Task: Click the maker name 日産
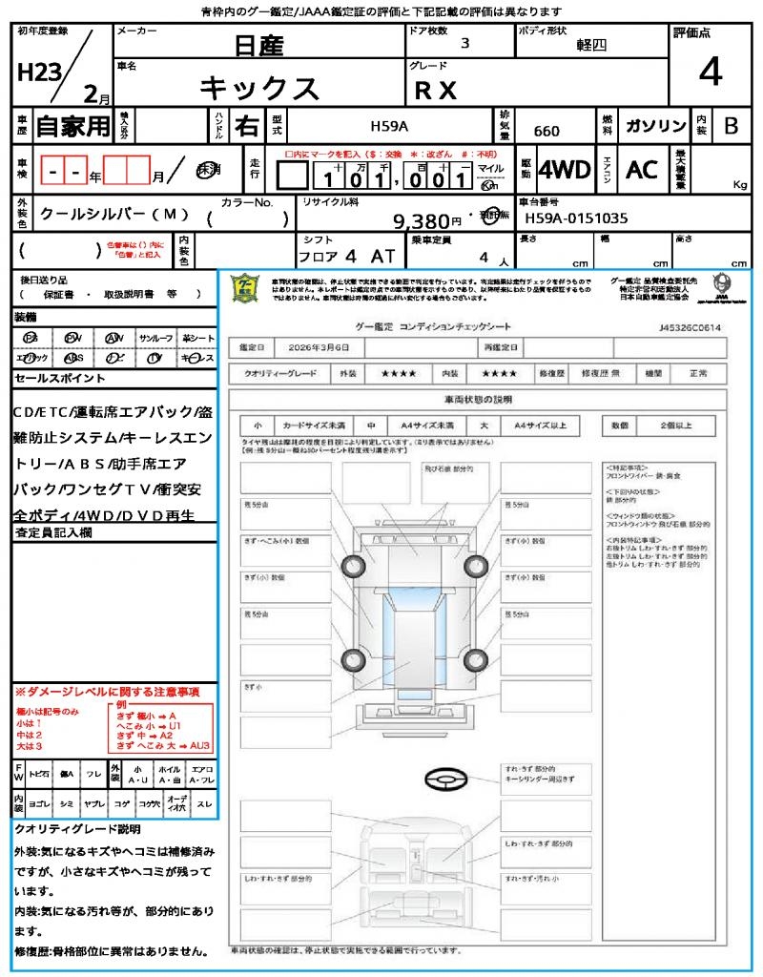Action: coord(258,44)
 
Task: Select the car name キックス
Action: coord(258,88)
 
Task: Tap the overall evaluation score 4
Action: coord(709,73)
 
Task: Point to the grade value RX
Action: coord(436,90)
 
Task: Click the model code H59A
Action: coord(389,126)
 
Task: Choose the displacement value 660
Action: coord(546,131)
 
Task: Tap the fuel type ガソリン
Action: coord(654,126)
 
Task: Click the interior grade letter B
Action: coord(731,126)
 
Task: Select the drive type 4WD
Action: coord(564,170)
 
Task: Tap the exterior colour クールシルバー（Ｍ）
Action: coord(113,214)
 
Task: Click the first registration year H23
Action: coord(38,72)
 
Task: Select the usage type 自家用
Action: coord(72,126)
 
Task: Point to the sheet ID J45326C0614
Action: coord(690,327)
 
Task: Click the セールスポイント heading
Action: coord(47,379)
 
